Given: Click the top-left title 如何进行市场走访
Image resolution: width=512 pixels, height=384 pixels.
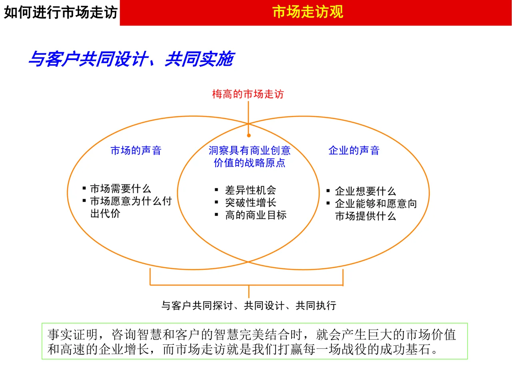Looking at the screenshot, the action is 60,12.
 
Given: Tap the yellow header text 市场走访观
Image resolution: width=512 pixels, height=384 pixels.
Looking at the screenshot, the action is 308,12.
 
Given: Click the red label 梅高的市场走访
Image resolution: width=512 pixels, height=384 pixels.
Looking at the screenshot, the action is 248,94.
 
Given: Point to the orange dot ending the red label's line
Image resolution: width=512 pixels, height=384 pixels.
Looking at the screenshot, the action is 248,136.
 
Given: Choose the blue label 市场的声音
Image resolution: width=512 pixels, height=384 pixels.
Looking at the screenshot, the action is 136,151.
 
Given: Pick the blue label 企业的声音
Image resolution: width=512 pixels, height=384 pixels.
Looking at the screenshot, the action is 354,151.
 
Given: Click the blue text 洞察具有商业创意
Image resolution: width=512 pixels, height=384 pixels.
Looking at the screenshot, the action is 249,151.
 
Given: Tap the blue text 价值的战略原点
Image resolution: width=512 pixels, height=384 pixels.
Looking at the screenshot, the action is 249,163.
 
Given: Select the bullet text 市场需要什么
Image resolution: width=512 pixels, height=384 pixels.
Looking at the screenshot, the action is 120,189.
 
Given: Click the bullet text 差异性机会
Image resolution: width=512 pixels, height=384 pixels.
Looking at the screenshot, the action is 250,190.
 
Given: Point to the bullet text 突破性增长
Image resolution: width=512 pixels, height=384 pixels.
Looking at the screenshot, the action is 250,203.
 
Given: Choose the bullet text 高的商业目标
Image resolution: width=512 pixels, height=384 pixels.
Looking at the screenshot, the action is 256,215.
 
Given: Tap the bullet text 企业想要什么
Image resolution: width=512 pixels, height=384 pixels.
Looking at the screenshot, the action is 365,191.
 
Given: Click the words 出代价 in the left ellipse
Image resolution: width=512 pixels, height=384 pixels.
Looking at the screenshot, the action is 105,214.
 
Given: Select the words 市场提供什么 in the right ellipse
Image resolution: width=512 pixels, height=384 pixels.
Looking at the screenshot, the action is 365,216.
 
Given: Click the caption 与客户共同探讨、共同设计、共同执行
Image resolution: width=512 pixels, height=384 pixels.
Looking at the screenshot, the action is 248,306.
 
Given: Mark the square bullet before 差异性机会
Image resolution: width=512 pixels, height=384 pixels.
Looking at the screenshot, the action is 216,190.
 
